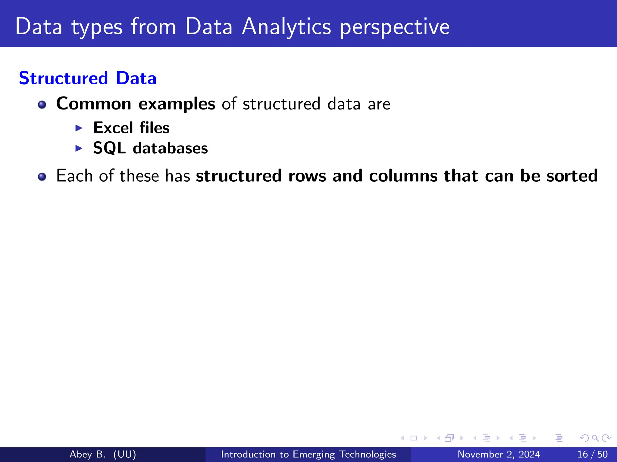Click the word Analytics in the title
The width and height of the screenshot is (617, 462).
(287, 27)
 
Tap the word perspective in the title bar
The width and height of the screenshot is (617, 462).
(395, 27)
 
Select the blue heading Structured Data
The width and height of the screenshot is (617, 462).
(88, 78)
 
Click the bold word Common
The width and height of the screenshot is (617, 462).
(94, 104)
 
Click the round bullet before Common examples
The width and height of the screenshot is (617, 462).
(42, 105)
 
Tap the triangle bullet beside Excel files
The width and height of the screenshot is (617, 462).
(79, 128)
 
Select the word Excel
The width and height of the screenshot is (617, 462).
(113, 128)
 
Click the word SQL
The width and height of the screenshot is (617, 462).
(109, 148)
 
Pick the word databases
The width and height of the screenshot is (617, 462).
(170, 148)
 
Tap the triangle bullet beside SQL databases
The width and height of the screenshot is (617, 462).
(79, 148)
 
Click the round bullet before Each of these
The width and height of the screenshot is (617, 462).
(42, 177)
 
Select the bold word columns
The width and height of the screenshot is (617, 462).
(403, 176)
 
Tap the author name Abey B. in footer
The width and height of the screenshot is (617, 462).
(87, 454)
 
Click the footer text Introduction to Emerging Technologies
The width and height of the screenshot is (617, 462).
(308, 454)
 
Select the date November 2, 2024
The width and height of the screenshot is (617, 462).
(499, 454)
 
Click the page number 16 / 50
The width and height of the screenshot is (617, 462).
(592, 454)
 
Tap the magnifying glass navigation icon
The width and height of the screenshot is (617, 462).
(595, 438)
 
